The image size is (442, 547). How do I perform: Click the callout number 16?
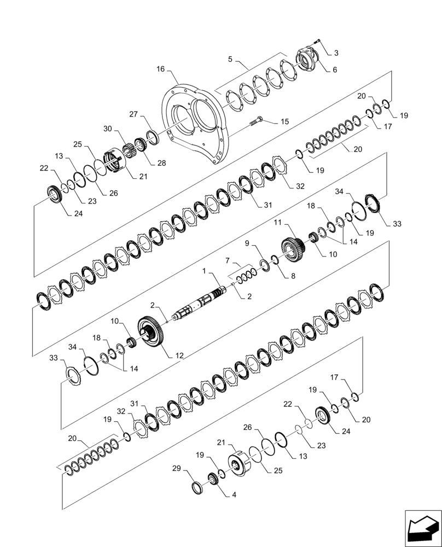(160, 69)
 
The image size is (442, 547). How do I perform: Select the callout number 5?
(230, 59)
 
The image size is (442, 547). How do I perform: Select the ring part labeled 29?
(199, 486)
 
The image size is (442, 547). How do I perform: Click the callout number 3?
(336, 53)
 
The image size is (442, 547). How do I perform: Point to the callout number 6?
(335, 69)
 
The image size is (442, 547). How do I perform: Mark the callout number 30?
(107, 129)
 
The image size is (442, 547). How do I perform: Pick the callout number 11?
(278, 224)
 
